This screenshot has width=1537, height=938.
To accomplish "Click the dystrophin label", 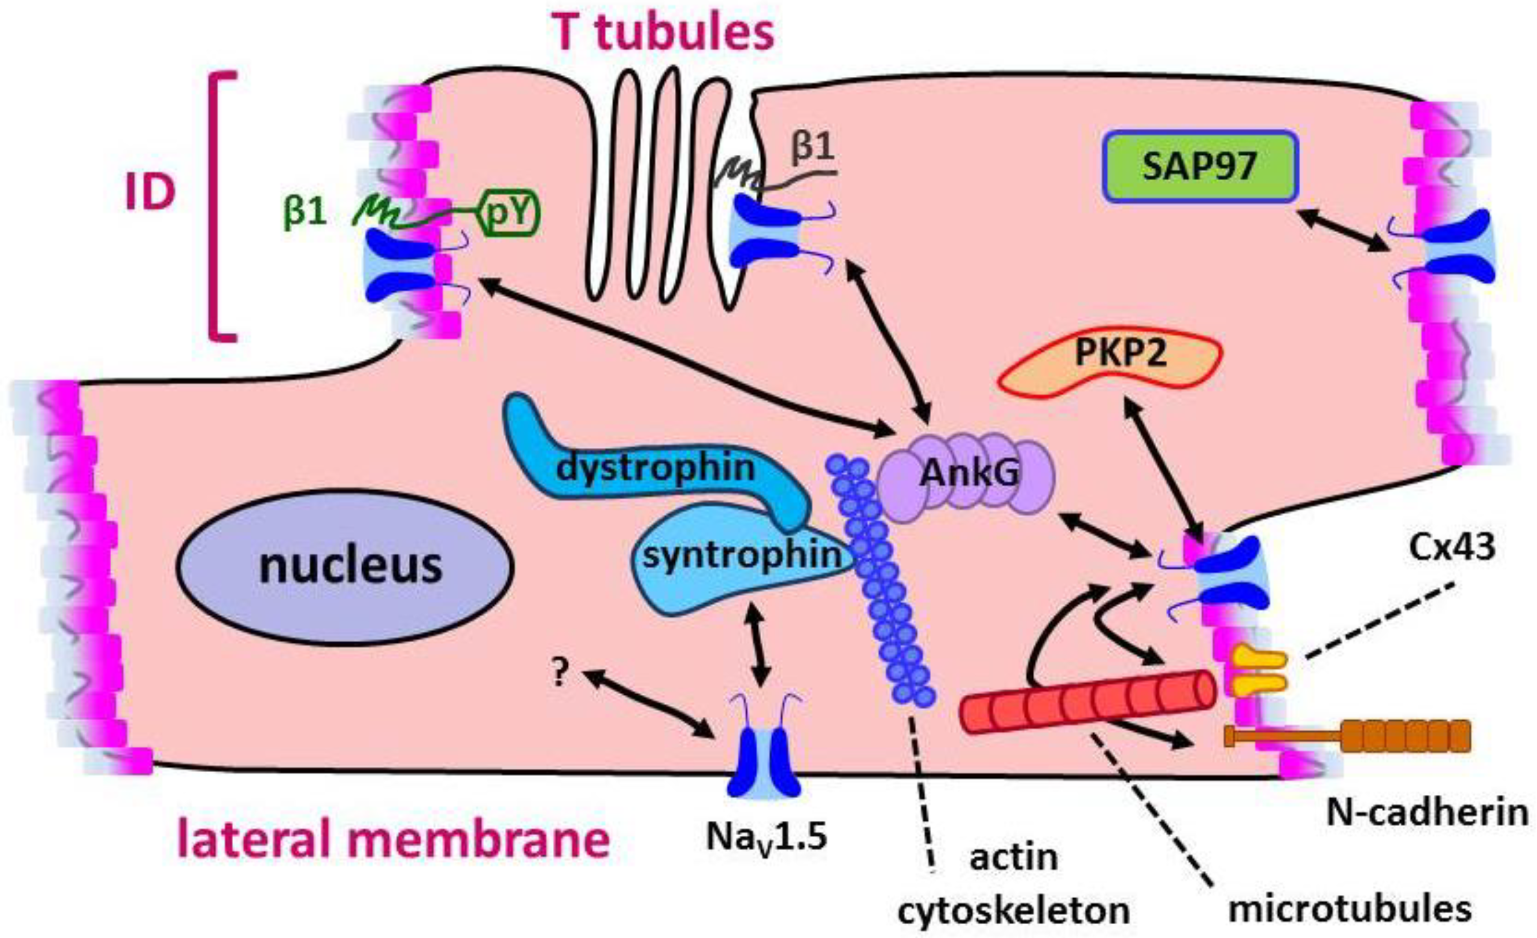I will click(655, 467).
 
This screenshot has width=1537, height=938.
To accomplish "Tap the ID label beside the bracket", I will click(150, 192).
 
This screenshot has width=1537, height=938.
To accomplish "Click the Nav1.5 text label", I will click(766, 837).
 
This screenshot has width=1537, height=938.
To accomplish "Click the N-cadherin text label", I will click(1426, 813).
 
